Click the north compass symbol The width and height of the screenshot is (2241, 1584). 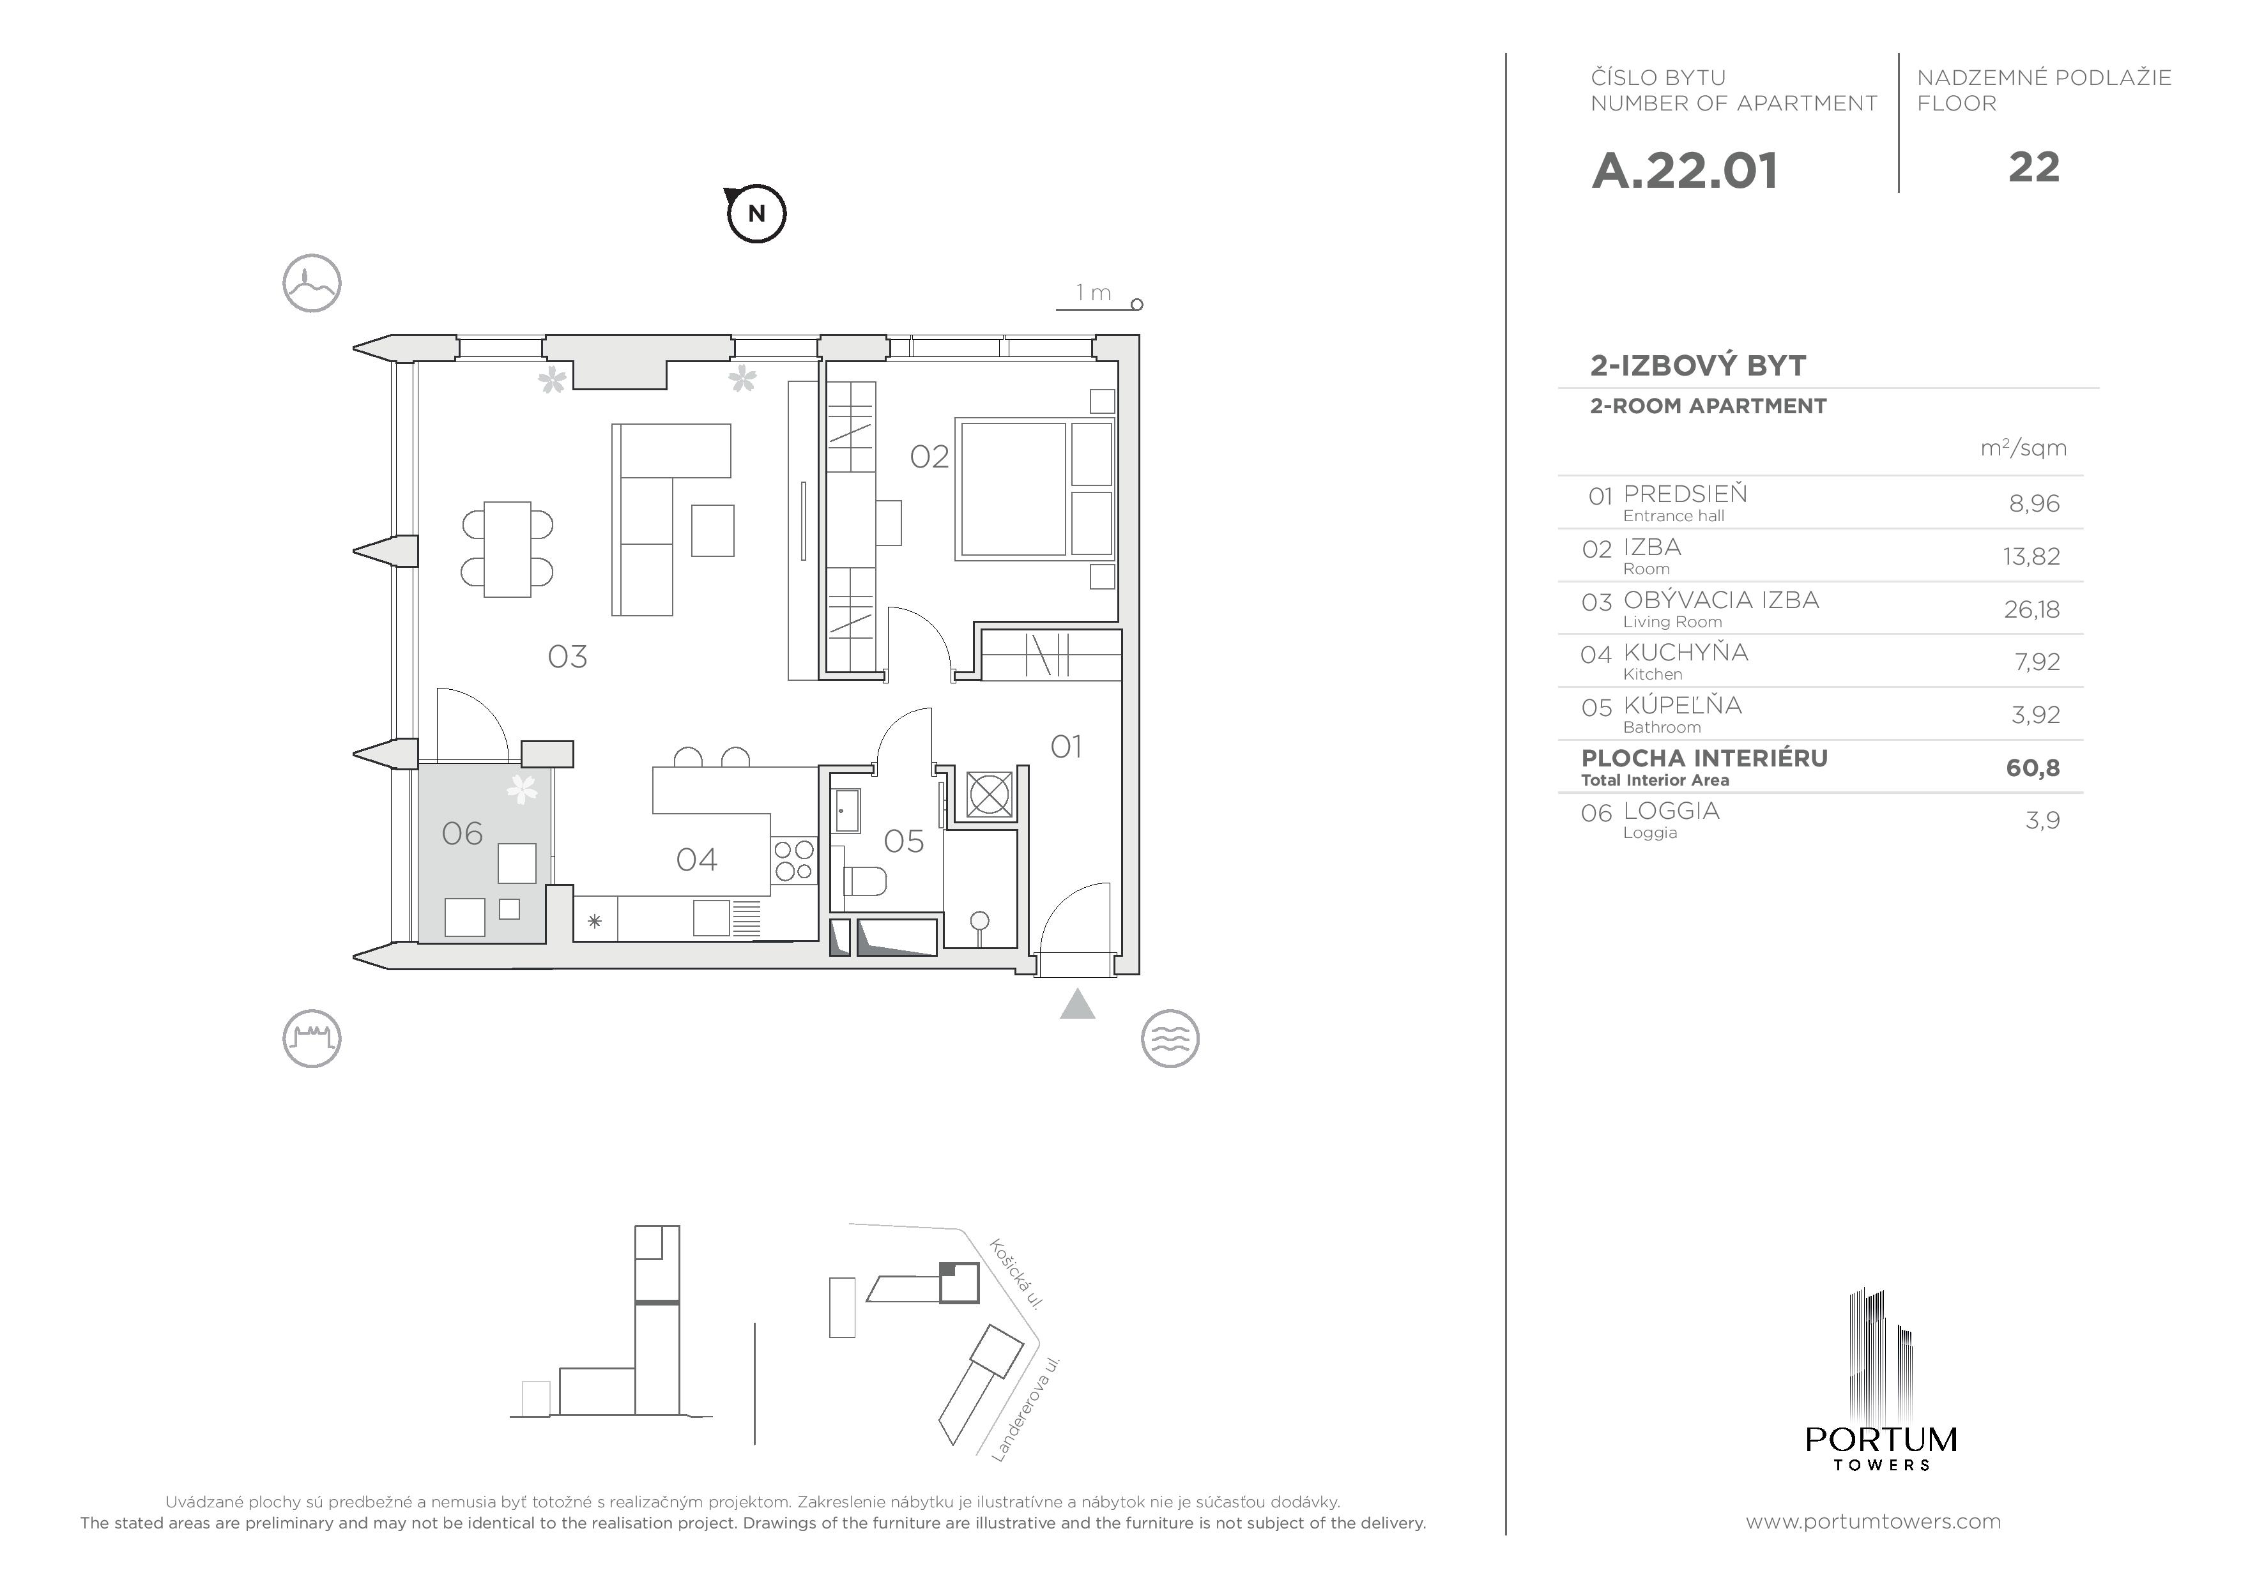[756, 213]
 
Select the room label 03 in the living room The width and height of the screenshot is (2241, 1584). [567, 657]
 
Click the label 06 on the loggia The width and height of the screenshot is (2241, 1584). [462, 834]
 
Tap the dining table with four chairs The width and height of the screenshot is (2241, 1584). [507, 549]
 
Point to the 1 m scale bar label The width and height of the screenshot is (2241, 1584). [1093, 293]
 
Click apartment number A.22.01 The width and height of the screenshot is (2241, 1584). [1685, 171]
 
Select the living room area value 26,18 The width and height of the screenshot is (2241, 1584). [2031, 609]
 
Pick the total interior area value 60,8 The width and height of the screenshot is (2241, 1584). [2032, 768]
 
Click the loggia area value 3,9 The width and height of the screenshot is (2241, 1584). [2042, 820]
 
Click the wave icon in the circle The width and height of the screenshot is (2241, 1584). [1169, 1039]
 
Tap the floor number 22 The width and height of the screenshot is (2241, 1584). [2034, 168]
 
